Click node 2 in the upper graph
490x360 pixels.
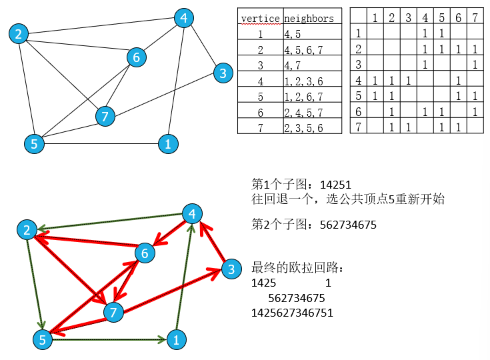click(x=19, y=33)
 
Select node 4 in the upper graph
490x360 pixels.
click(x=183, y=18)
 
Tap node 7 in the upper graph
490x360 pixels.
click(x=104, y=117)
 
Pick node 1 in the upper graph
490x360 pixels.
click(x=168, y=143)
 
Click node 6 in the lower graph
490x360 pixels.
click(x=144, y=253)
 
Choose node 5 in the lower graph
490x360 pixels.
click(x=43, y=339)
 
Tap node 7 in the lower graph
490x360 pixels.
click(x=113, y=311)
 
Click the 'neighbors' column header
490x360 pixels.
click(x=309, y=18)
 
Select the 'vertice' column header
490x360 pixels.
click(x=260, y=18)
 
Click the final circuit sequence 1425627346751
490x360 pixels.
click(x=292, y=313)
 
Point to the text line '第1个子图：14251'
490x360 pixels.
click(x=301, y=185)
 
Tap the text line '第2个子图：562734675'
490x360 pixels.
click(x=314, y=225)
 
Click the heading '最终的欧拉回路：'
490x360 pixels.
click(x=297, y=269)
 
